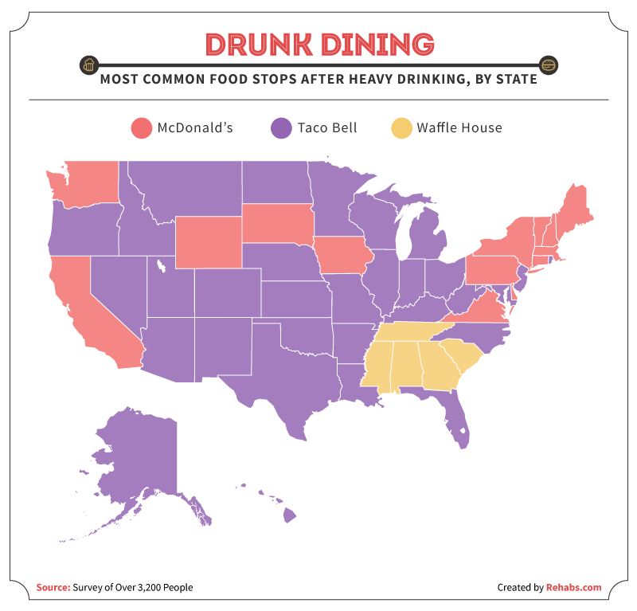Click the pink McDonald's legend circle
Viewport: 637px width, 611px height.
tap(142, 127)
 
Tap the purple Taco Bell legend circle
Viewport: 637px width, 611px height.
tap(282, 127)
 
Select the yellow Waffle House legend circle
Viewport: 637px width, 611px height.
tap(401, 127)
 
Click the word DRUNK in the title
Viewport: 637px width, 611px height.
tap(256, 45)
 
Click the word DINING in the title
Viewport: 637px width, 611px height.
tap(375, 45)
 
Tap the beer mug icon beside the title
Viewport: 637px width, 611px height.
tap(90, 65)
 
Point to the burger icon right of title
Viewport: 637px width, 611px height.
tap(548, 65)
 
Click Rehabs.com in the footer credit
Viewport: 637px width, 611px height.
tap(573, 588)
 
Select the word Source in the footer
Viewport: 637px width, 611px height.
tap(52, 588)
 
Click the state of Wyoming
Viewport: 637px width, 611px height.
tap(209, 241)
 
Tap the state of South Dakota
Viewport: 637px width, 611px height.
tap(277, 224)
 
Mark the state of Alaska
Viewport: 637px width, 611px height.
tap(135, 462)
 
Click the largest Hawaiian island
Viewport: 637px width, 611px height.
tap(289, 517)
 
